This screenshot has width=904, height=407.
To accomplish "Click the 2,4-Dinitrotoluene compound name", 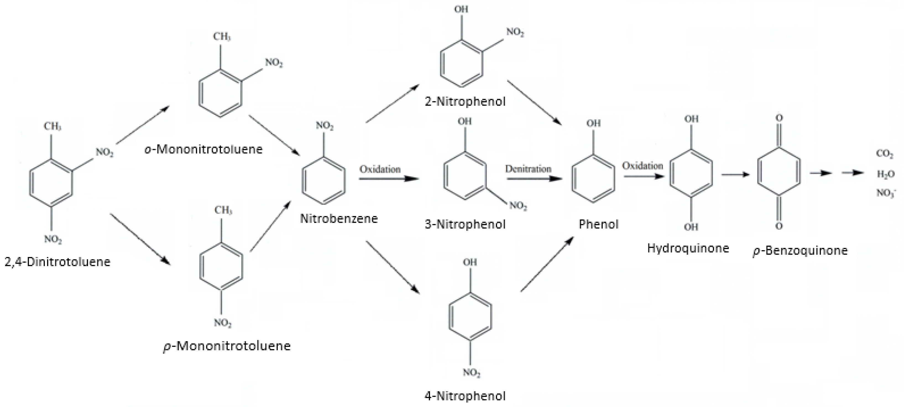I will coord(57,262).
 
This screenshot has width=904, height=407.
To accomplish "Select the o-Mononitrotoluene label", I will coord(203,149).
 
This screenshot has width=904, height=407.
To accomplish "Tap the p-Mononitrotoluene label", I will coord(227,346).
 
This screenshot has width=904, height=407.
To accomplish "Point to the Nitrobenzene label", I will coord(339,218).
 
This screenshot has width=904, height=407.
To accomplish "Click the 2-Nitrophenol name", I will coord(465,102).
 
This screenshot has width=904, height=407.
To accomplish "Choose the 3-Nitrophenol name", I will coord(465,224).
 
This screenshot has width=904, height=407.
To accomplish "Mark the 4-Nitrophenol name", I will coord(465,396).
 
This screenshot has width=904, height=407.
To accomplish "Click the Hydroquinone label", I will coord(688,248).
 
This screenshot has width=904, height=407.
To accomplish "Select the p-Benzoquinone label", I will coord(800,250).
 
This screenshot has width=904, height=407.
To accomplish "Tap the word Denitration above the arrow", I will coord(528,169).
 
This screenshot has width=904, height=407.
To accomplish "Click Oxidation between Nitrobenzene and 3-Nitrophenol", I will coord(380,169).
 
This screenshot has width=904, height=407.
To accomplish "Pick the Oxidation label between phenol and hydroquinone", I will coord(642,165).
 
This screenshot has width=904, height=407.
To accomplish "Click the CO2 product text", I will coord(885,154).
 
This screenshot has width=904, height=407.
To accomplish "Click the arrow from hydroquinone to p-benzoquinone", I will coord(735,174).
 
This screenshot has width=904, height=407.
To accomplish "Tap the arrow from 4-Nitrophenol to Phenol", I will coord(547,264).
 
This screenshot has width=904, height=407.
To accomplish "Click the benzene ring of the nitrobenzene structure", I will coord(323,180).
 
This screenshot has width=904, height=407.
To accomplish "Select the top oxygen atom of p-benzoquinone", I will coord(779,118).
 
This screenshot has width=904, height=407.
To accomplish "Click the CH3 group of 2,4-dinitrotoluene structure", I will coord(52,126).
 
